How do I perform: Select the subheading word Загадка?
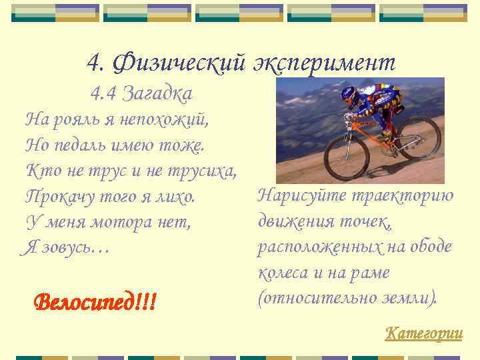[159, 94]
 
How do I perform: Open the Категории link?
[423, 333]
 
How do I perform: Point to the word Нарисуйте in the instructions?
[293, 197]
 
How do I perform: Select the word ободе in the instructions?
[431, 247]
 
